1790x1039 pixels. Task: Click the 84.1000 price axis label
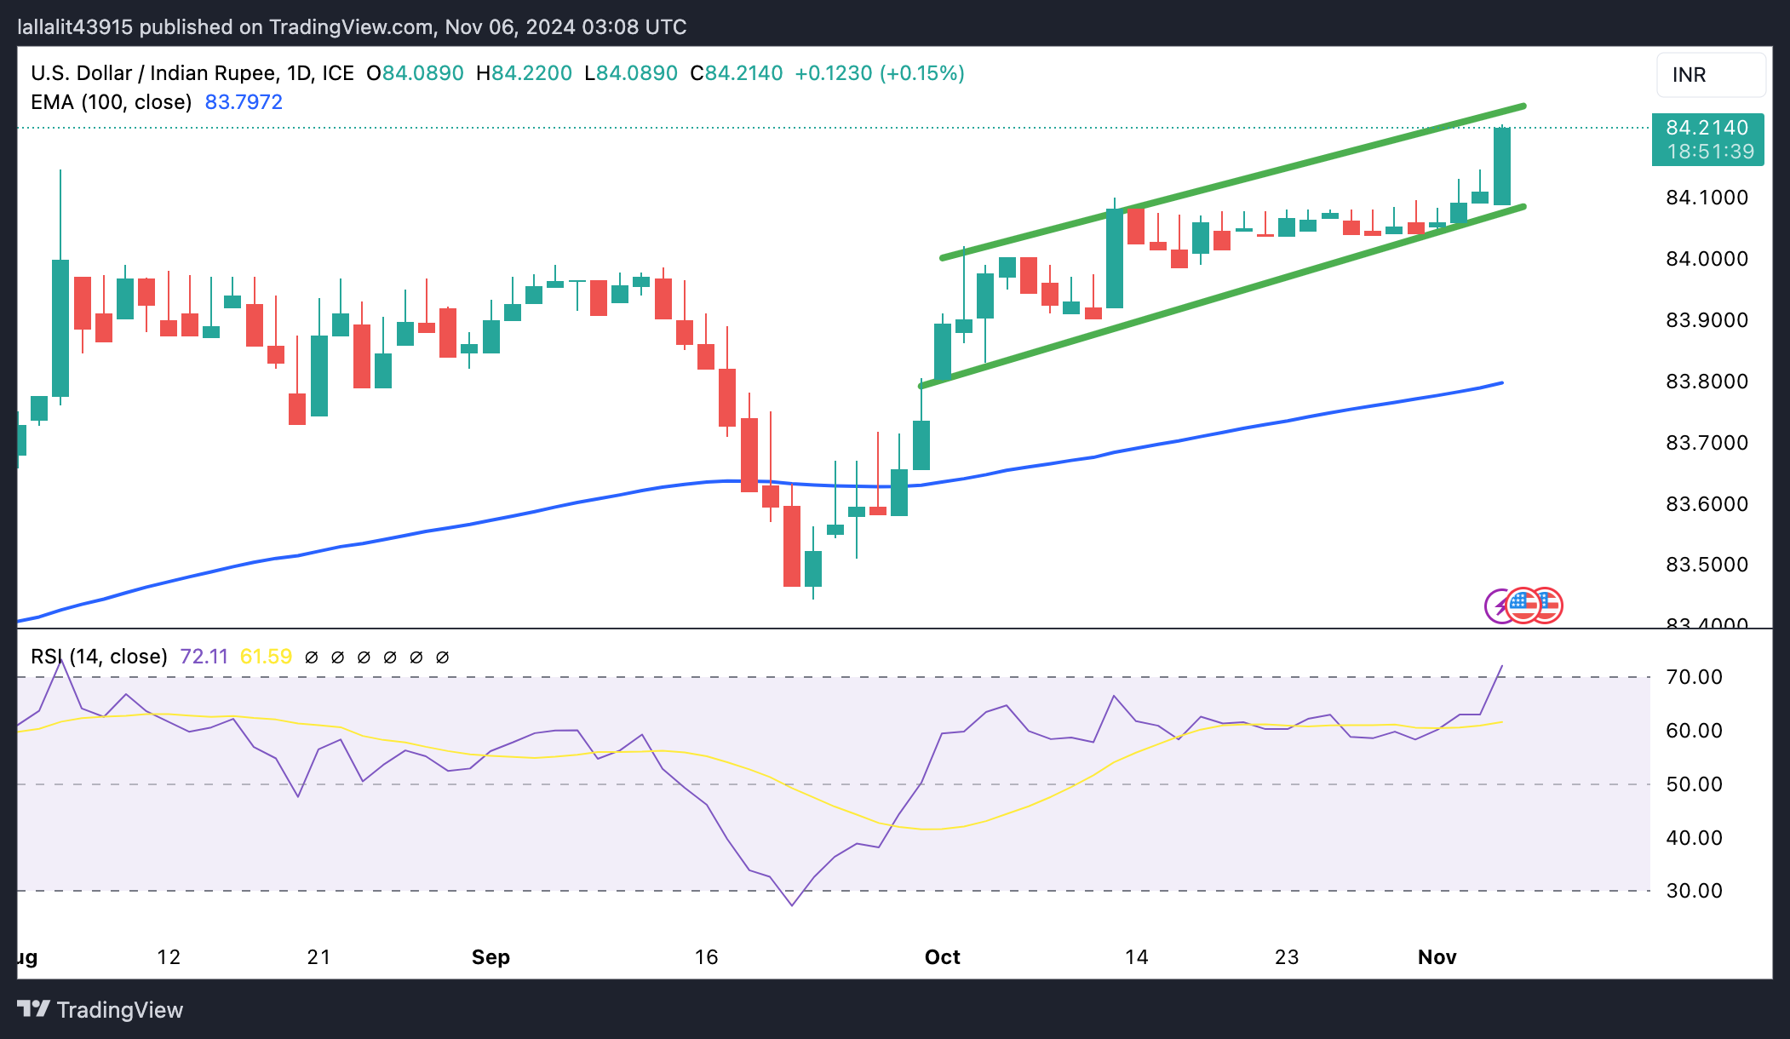(1707, 198)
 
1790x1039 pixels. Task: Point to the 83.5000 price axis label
(1707, 565)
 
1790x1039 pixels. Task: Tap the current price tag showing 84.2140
(1707, 129)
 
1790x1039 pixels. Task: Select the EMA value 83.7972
(244, 102)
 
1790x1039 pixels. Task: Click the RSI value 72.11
(204, 657)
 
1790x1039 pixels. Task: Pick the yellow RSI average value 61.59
(266, 657)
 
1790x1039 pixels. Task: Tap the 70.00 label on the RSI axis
(1694, 677)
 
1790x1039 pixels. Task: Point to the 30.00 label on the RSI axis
(1694, 891)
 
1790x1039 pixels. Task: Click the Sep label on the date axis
(491, 957)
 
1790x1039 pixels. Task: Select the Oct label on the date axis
(942, 957)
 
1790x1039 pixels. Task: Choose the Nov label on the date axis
(1437, 957)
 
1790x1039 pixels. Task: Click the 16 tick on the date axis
(706, 957)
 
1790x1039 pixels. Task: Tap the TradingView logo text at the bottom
(119, 1010)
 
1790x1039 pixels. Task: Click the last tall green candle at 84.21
(1502, 166)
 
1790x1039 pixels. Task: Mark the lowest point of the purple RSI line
(792, 905)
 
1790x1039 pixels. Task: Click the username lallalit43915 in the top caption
(75, 27)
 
